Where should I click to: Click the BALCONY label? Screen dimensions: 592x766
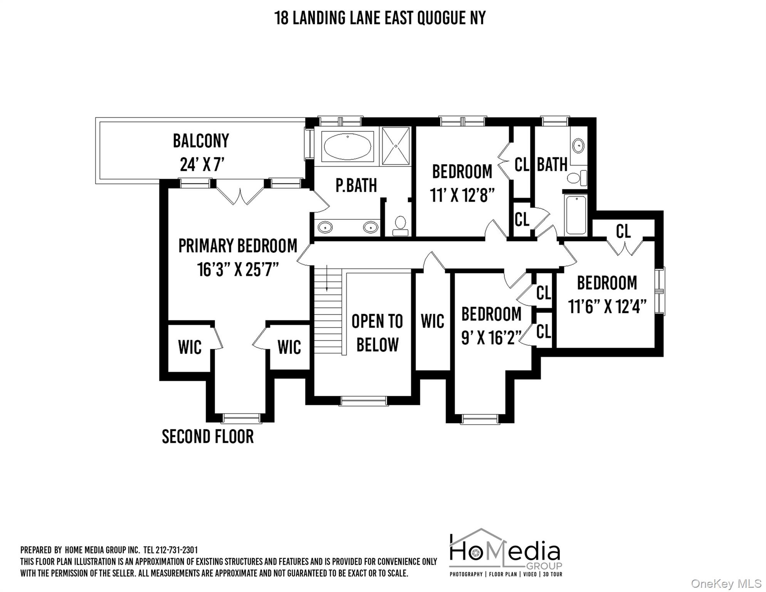click(201, 141)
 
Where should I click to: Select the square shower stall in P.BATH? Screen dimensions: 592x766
click(396, 146)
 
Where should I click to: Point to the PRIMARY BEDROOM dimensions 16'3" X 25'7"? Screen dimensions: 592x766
click(238, 269)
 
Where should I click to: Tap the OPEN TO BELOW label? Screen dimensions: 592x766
click(377, 333)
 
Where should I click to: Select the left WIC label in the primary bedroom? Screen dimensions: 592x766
click(190, 347)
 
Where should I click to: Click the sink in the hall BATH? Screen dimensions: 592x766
click(578, 146)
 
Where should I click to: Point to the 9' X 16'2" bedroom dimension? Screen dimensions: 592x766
click(491, 338)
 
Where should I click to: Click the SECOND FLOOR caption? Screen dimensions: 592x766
click(208, 437)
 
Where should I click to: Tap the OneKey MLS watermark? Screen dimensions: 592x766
click(726, 584)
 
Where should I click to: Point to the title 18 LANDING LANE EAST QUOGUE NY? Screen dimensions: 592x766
click(380, 18)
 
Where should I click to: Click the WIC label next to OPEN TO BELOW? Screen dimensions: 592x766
click(432, 321)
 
